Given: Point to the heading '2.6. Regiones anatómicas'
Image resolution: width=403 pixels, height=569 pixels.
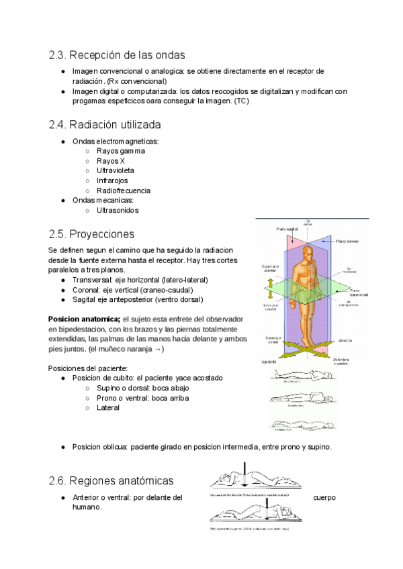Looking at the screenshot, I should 111,481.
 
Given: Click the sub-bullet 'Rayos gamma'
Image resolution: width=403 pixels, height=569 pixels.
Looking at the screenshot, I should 120,151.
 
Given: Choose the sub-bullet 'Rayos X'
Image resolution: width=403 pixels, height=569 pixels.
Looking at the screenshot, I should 111,161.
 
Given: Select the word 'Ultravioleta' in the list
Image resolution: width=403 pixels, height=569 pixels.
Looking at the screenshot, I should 115,171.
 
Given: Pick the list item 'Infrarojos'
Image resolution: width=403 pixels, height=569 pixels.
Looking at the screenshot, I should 112,180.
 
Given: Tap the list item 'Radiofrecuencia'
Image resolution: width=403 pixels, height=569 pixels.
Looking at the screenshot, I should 124,191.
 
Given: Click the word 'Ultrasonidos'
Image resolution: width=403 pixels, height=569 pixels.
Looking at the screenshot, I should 118,210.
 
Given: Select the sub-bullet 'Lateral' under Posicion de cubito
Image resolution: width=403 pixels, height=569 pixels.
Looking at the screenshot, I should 108,407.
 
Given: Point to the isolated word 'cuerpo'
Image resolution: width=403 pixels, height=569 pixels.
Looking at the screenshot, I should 324,498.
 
